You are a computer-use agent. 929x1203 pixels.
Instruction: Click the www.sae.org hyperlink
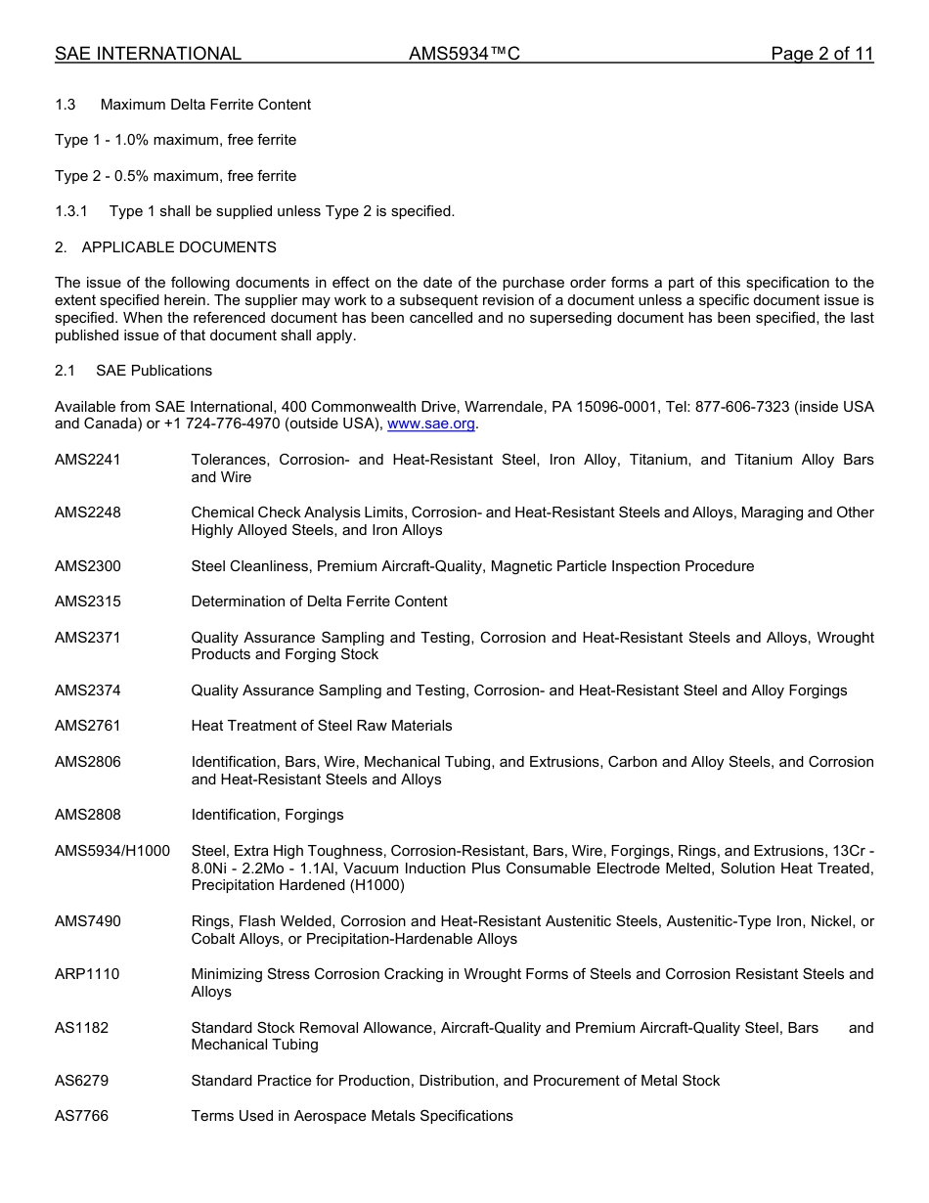[x=431, y=423]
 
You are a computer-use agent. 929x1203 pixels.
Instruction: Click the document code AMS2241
[x=88, y=460]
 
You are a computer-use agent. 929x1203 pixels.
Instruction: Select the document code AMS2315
[x=88, y=601]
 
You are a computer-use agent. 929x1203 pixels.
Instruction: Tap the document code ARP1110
[x=87, y=974]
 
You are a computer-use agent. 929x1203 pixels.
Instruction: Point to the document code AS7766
[x=82, y=1116]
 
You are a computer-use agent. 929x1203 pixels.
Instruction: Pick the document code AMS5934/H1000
[x=112, y=851]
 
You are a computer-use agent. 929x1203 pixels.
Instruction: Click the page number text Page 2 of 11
[x=821, y=54]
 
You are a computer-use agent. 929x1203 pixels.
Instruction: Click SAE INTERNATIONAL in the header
[x=148, y=54]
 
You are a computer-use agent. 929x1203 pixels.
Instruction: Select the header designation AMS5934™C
[x=464, y=54]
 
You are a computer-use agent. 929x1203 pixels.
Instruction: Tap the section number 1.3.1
[x=71, y=211]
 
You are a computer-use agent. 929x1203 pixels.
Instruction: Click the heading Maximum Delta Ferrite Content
[x=205, y=105]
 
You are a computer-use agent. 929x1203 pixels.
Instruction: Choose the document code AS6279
[x=82, y=1081]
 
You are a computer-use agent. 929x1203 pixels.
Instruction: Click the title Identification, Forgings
[x=267, y=815]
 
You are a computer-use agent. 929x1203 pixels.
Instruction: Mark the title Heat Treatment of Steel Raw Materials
[x=322, y=726]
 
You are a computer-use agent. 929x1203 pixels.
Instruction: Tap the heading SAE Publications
[x=154, y=371]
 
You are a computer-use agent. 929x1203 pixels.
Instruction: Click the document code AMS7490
[x=88, y=921]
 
